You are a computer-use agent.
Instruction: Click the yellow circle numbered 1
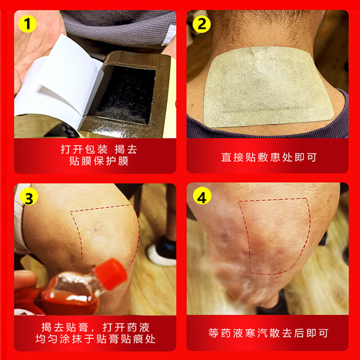coord(27,24)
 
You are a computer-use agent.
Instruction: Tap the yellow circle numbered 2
coord(201,24)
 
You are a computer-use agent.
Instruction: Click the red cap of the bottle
coord(111,274)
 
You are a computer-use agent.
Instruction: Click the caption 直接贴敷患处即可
coord(269,157)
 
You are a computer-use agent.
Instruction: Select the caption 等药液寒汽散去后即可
coord(268,333)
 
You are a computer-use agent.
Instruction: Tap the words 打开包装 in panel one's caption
coord(84,149)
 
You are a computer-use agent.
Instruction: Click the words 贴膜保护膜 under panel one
coord(99,161)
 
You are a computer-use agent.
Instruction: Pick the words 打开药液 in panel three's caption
coord(126,328)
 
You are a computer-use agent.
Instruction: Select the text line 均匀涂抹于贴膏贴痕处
coord(95,339)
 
